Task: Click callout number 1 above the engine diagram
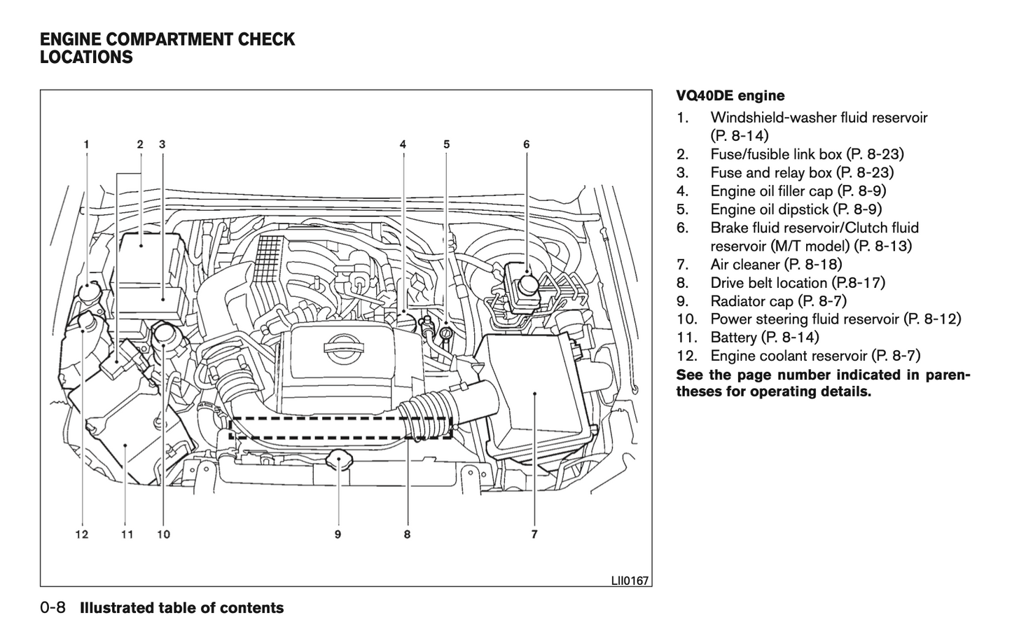87,145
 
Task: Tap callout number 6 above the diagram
527,145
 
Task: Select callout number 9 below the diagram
338,534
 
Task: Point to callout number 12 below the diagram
82,534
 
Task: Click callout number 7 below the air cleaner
534,534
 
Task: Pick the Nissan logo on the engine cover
341,345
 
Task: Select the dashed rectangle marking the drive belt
340,428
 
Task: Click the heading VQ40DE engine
730,96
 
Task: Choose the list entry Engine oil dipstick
796,209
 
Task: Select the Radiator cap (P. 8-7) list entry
778,301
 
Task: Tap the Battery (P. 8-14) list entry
764,338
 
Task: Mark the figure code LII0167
630,581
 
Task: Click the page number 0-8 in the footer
53,608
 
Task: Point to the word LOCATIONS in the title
86,57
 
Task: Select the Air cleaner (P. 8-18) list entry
776,264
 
